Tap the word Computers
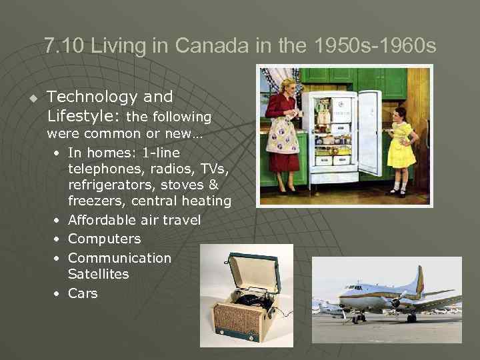click(104, 239)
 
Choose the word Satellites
click(98, 274)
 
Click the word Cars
click(83, 293)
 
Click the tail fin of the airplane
click(418, 280)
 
